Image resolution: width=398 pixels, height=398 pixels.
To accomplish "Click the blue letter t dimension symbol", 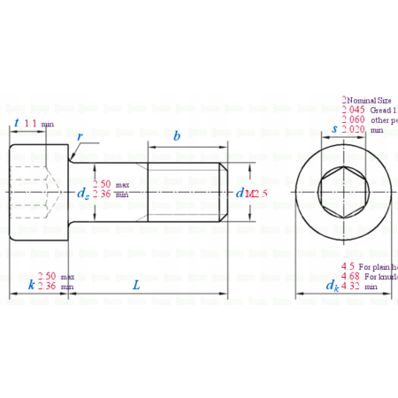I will tap(18, 123).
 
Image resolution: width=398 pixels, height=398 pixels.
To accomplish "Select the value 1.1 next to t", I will tap(31, 124).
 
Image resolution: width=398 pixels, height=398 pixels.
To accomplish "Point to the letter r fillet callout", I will tap(80, 138).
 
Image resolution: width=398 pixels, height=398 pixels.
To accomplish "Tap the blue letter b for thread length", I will tap(178, 136).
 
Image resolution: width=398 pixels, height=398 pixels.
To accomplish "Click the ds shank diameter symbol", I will tap(82, 191).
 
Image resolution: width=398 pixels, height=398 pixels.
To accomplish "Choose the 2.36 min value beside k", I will tap(48, 287).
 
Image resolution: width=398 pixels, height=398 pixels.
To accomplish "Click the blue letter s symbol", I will tap(333, 129).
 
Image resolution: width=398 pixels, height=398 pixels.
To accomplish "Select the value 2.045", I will tap(353, 110).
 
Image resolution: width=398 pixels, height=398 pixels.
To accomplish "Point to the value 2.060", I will tap(353, 119).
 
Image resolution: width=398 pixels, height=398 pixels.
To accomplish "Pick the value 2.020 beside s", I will tap(353, 129).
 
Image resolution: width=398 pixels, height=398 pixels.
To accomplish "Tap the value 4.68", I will tap(350, 276).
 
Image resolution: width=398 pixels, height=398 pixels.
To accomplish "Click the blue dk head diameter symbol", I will tap(332, 286).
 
